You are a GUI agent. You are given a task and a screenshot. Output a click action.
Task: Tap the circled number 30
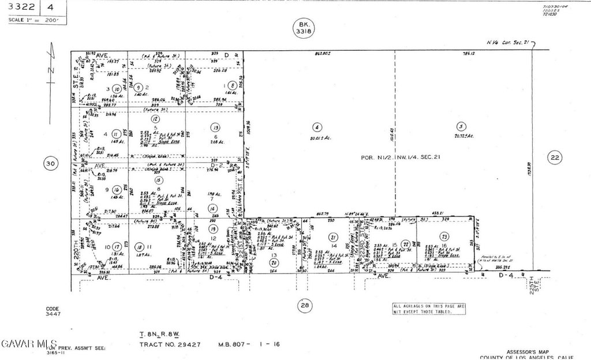pyautogui.click(x=51, y=164)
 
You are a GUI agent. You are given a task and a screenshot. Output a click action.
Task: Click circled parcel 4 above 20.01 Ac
pyautogui.click(x=316, y=127)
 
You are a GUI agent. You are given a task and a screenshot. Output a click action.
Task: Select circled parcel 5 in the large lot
pyautogui.click(x=460, y=127)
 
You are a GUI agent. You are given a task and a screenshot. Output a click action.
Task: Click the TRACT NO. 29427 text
pyautogui.click(x=170, y=344)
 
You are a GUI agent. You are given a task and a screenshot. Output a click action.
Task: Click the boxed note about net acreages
pyautogui.click(x=429, y=309)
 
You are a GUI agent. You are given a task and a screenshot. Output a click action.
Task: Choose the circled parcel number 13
pyautogui.click(x=215, y=127)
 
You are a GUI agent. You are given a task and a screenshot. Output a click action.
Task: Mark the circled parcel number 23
pyautogui.click(x=444, y=236)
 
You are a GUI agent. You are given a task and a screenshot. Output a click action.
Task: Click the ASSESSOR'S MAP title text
pyautogui.click(x=527, y=350)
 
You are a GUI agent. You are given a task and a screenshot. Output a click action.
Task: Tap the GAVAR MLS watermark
pyautogui.click(x=28, y=344)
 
